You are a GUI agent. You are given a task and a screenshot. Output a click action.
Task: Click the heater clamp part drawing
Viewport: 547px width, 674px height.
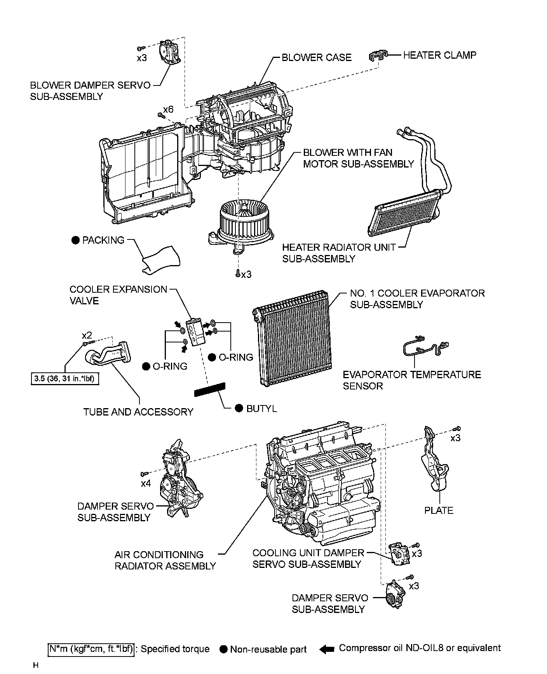[x=378, y=56]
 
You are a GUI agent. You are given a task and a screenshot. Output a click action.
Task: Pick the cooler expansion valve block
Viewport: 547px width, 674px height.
[x=195, y=331]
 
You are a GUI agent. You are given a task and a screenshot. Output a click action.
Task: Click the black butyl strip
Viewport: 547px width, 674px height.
[x=210, y=389]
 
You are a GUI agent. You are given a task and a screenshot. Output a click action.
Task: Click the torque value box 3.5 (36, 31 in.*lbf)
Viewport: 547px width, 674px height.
[x=65, y=379]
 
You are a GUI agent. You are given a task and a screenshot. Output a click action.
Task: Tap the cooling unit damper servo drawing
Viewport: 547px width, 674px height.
[x=399, y=554]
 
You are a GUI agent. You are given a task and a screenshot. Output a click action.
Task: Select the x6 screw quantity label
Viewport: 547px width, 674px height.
[x=168, y=110]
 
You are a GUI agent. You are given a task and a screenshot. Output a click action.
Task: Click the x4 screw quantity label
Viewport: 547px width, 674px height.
[x=146, y=484]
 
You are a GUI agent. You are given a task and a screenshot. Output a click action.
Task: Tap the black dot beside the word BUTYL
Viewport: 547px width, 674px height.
[x=239, y=408]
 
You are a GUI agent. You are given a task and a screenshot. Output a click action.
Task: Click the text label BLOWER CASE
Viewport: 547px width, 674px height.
[x=316, y=58]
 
